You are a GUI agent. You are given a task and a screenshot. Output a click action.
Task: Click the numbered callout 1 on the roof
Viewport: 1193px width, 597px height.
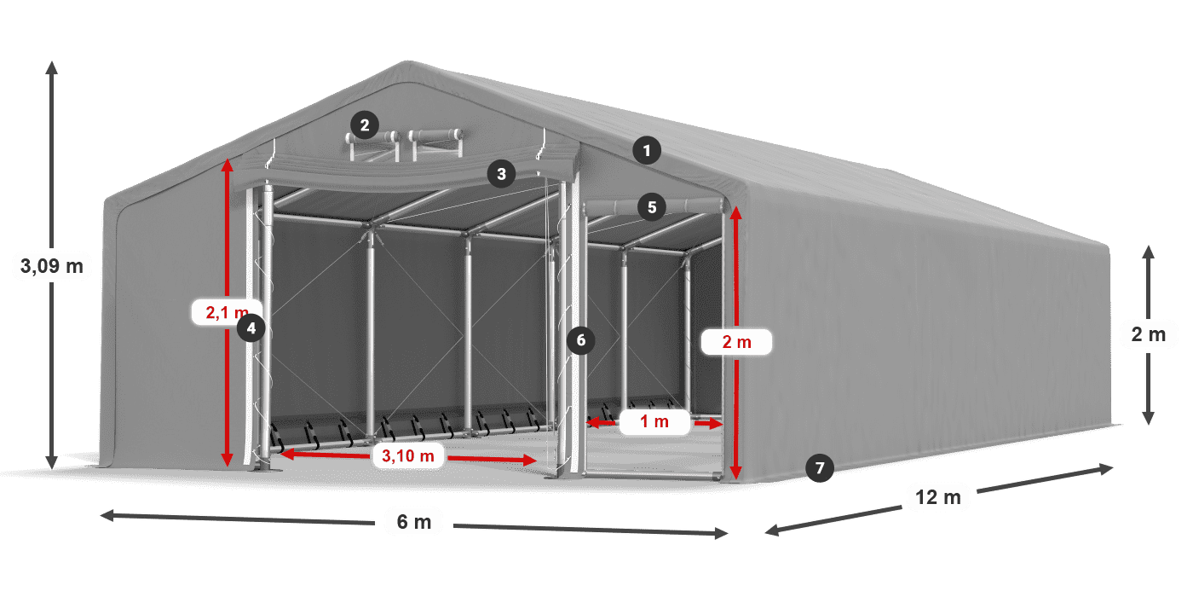point(647,151)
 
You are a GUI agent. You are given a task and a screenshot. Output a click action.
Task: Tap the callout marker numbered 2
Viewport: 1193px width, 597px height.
point(365,125)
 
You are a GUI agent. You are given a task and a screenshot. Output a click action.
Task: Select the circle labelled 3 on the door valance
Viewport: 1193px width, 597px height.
point(501,174)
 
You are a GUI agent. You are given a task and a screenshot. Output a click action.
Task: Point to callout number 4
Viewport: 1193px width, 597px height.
point(251,327)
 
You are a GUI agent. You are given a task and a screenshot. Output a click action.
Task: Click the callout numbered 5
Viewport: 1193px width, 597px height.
point(652,207)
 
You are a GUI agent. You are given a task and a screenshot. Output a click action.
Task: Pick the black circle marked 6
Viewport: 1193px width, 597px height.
point(580,340)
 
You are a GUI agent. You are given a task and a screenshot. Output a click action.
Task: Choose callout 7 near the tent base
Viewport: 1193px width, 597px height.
point(820,468)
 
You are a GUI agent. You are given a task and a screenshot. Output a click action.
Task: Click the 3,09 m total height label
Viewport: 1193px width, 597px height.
point(52,265)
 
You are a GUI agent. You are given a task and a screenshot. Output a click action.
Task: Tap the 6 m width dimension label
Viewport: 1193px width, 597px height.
point(414,522)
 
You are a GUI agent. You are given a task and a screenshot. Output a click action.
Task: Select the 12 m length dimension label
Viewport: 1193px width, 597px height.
point(938,497)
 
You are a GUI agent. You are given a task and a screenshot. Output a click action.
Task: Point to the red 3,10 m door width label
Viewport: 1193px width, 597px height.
point(408,455)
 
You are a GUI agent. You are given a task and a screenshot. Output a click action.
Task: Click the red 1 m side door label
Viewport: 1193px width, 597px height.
point(654,421)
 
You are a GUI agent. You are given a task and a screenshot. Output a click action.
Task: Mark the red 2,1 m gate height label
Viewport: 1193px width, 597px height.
point(227,312)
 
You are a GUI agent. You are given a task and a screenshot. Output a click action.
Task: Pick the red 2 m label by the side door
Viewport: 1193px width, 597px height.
point(736,342)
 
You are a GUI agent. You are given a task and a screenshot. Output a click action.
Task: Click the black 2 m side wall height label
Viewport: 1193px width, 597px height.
point(1149,334)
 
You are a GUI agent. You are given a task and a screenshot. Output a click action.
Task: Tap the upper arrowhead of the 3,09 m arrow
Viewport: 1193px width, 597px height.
point(52,67)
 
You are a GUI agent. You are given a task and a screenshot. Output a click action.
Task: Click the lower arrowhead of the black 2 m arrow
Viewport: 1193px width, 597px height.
point(1149,418)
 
